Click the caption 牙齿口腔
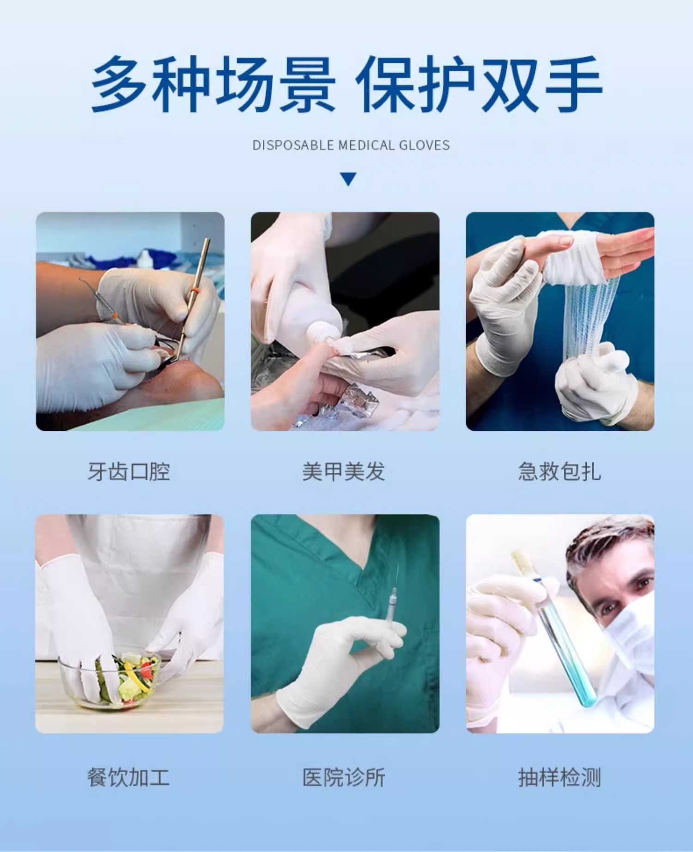coord(129,471)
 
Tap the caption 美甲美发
coord(344,471)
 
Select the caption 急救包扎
coord(559,471)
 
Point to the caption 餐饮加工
coord(128,777)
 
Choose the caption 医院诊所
coord(344,777)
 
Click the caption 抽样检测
coord(559,777)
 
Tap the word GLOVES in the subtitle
coord(424,145)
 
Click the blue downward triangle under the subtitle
coord(348,179)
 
